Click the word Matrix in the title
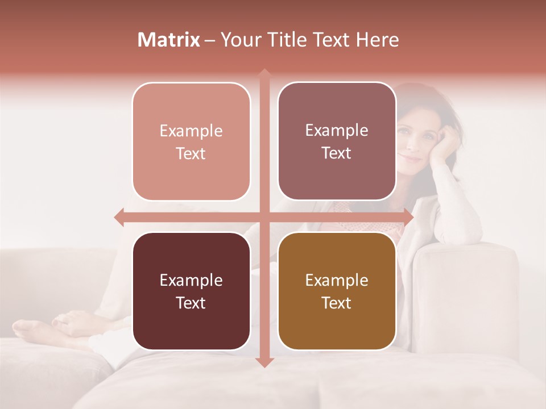pos(168,40)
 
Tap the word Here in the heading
pos(377,40)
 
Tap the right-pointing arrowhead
pos(408,216)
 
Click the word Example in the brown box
pos(337,280)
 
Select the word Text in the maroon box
pos(191,303)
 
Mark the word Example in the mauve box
pos(337,130)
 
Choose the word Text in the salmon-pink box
pos(191,153)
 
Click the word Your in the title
pos(238,40)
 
